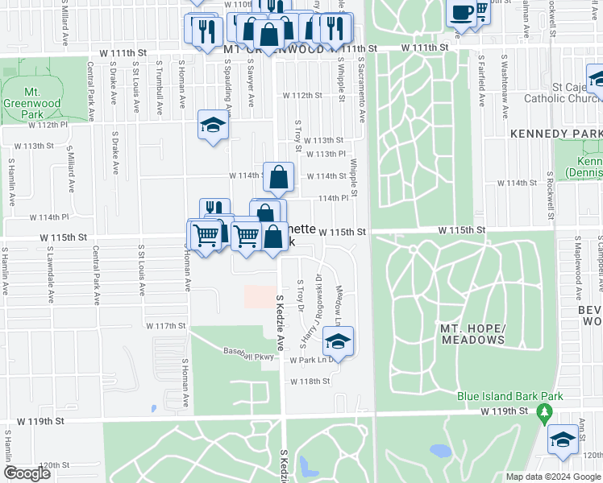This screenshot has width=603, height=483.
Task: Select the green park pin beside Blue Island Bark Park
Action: click(544, 414)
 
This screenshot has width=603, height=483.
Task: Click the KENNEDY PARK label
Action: click(555, 133)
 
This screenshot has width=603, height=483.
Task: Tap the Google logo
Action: click(27, 473)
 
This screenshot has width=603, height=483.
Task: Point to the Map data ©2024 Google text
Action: click(552, 477)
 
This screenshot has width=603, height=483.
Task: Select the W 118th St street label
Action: click(310, 382)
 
